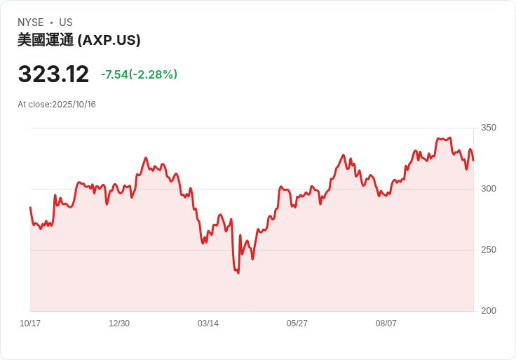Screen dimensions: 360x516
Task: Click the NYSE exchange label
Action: tap(31, 22)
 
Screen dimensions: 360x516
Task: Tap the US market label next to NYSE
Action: tap(66, 22)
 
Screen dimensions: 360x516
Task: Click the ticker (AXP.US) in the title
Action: tap(109, 40)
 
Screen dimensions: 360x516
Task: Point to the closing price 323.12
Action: tap(53, 74)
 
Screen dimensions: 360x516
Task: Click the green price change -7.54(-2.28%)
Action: tap(139, 74)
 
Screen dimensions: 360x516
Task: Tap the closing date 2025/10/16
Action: tap(74, 105)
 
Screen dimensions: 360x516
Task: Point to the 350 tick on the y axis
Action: tap(489, 128)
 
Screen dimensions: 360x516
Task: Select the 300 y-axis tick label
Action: tap(489, 189)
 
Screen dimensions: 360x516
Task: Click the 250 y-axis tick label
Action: tap(489, 250)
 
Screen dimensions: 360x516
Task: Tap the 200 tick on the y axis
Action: tap(489, 311)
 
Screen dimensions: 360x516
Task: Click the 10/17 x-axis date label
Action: tap(30, 324)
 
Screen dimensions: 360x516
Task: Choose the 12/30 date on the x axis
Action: tap(119, 324)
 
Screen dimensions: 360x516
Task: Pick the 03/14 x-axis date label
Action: tap(208, 324)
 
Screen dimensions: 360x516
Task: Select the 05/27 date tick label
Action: tap(297, 324)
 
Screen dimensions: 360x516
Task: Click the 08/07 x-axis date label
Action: tap(386, 324)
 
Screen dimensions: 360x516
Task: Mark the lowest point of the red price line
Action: tap(238, 273)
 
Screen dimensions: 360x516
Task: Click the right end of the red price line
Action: tap(473, 160)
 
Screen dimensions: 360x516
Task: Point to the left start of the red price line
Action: tap(30, 208)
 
